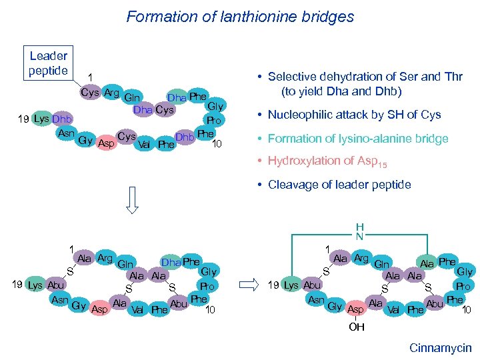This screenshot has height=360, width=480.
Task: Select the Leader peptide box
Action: [x=48, y=63]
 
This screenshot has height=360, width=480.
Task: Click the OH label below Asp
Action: [x=357, y=327]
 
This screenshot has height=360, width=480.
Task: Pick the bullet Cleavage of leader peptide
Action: [x=339, y=185]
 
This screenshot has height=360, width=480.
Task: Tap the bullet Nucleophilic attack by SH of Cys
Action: [x=354, y=115]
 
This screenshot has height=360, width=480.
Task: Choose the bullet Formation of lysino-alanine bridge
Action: [x=358, y=139]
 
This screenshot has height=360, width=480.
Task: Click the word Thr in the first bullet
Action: [x=453, y=77]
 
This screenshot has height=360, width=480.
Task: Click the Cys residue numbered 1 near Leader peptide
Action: [x=90, y=93]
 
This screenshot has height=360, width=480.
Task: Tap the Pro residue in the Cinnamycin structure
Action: [x=464, y=286]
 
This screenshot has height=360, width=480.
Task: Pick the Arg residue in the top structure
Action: [x=111, y=93]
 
